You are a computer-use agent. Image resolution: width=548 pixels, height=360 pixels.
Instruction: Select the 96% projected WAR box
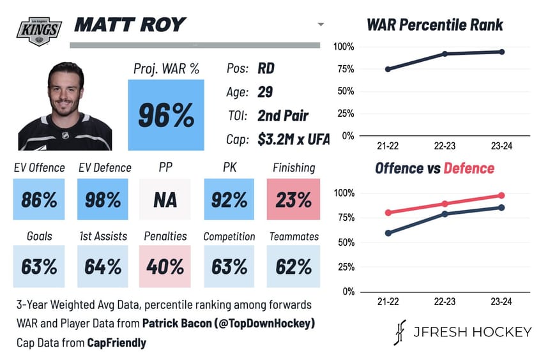[x=166, y=115]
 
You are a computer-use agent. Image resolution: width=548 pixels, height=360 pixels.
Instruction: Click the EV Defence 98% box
[x=102, y=200]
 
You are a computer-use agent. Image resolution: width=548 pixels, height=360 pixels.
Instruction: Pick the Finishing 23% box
[x=293, y=200]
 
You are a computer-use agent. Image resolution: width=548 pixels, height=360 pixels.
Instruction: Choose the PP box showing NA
[x=165, y=200]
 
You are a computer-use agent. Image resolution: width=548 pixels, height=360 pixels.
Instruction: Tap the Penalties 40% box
[x=165, y=266]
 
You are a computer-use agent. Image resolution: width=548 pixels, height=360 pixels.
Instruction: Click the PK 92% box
[x=229, y=200]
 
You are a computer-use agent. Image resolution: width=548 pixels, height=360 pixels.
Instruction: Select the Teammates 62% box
[x=293, y=266]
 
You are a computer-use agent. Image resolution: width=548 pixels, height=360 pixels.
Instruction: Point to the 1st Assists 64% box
[x=102, y=266]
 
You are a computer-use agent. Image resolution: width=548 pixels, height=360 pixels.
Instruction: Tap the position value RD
[x=267, y=68]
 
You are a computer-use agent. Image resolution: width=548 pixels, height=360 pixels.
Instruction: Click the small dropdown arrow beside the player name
[x=320, y=25]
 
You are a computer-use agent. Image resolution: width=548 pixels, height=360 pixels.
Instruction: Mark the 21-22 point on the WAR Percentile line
[x=388, y=69]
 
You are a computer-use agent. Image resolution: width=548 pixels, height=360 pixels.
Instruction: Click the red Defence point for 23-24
[x=501, y=195]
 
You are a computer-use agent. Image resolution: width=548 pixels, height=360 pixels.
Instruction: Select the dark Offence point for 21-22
[x=388, y=233]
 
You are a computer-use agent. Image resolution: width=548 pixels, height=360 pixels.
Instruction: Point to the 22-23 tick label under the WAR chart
[x=445, y=146]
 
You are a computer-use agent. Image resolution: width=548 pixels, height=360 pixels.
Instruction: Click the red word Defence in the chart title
[x=469, y=169]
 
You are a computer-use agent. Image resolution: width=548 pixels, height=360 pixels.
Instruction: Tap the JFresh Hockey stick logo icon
[x=400, y=331]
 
